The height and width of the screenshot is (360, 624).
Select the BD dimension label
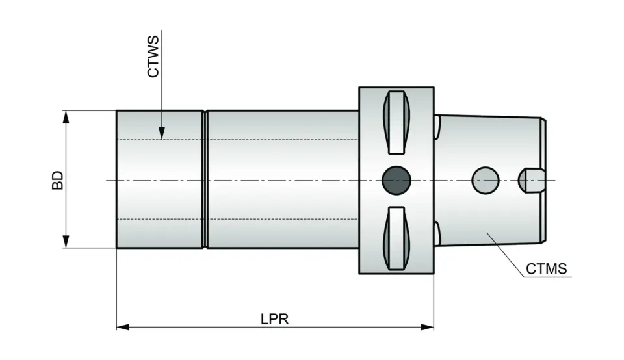(58, 180)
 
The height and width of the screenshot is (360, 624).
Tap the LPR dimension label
(274, 318)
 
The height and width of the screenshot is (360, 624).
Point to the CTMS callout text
(547, 268)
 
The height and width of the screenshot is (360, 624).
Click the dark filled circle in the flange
(396, 179)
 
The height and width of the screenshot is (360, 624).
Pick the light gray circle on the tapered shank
(485, 180)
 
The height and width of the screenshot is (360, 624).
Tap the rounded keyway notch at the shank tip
(530, 180)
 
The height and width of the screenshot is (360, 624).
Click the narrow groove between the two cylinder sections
(205, 179)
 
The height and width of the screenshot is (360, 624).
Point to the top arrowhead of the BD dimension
(66, 116)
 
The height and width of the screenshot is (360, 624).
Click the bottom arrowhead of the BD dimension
(66, 243)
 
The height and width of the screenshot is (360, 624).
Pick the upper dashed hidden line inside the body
(260, 140)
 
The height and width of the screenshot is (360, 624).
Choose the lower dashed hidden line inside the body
(260, 219)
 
